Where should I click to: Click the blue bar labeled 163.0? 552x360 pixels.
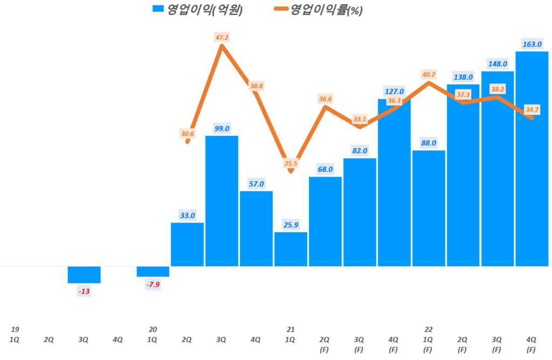tap(532, 159)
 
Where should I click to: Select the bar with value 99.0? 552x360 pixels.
tap(222, 201)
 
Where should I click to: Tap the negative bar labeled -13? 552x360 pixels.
tap(84, 274)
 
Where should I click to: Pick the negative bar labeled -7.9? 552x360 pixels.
tap(153, 271)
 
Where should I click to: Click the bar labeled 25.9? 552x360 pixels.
tap(291, 249)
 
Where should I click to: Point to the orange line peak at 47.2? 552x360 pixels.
tap(222, 46)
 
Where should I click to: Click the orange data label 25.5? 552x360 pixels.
tap(291, 163)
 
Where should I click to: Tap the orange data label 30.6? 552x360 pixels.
tap(187, 134)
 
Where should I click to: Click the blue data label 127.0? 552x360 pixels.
tap(394, 91)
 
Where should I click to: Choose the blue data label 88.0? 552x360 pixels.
tap(429, 143)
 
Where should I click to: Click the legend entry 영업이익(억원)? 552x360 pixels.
tap(197, 9)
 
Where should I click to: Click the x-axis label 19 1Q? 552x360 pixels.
tap(15, 334)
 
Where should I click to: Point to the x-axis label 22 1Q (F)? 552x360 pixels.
tap(429, 339)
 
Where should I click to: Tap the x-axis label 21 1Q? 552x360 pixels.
tap(291, 334)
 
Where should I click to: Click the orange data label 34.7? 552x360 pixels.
tap(532, 109)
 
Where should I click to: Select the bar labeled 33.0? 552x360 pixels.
tap(187, 244)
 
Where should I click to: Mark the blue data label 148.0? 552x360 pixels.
tap(497, 64)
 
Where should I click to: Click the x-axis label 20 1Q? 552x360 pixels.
tap(153, 334)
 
